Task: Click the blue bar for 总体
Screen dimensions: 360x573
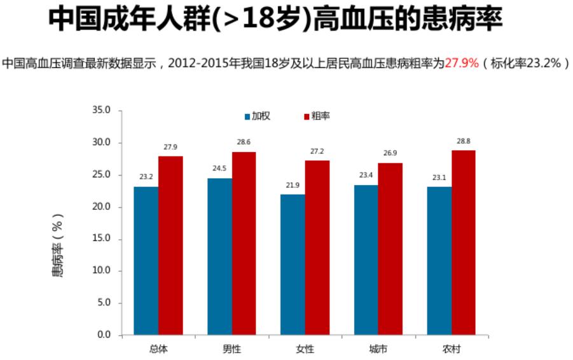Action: (146, 260)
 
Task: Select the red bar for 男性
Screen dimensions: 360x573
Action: (244, 243)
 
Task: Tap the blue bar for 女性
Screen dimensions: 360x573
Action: (293, 264)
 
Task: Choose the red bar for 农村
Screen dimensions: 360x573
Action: (464, 242)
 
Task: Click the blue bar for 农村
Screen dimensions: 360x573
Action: (439, 260)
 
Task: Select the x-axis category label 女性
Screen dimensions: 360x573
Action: (305, 349)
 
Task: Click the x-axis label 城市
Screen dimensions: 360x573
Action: (378, 349)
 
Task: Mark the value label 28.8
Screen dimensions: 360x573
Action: (464, 141)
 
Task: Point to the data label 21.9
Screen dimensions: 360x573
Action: (293, 185)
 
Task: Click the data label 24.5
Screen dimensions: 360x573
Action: (219, 169)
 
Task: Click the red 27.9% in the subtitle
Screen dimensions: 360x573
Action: (461, 64)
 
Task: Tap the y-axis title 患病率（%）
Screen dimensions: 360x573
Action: (57, 246)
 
